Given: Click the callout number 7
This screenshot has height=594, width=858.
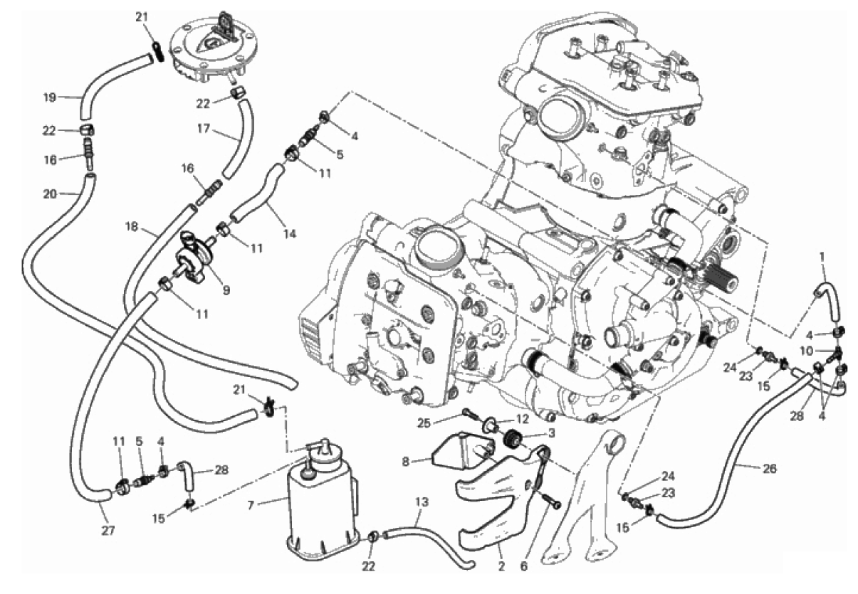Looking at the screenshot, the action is click(x=251, y=506).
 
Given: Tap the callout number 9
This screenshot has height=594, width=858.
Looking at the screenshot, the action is click(x=226, y=290).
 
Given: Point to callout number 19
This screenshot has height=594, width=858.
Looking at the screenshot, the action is click(x=50, y=97).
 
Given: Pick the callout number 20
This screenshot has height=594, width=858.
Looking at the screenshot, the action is click(x=50, y=194).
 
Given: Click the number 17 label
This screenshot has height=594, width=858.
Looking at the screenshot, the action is click(x=204, y=128).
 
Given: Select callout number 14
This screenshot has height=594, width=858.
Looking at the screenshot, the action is click(x=290, y=233).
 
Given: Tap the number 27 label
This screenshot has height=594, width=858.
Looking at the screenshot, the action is click(x=108, y=531).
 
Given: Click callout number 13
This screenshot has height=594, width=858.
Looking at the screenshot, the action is click(x=422, y=502).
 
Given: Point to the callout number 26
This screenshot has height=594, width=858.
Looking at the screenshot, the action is click(x=770, y=469).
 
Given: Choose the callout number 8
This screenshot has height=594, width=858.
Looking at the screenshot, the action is click(x=406, y=462).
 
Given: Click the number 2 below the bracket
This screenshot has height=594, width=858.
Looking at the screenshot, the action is click(x=501, y=566).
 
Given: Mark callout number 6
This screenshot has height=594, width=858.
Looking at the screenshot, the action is click(x=524, y=566).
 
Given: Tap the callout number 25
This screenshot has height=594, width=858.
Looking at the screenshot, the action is click(x=424, y=423).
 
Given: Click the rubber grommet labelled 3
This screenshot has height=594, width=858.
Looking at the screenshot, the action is click(x=513, y=438).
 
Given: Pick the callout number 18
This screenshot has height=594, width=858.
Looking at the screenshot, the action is click(x=132, y=227).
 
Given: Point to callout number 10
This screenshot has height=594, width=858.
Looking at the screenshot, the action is click(x=806, y=351).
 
